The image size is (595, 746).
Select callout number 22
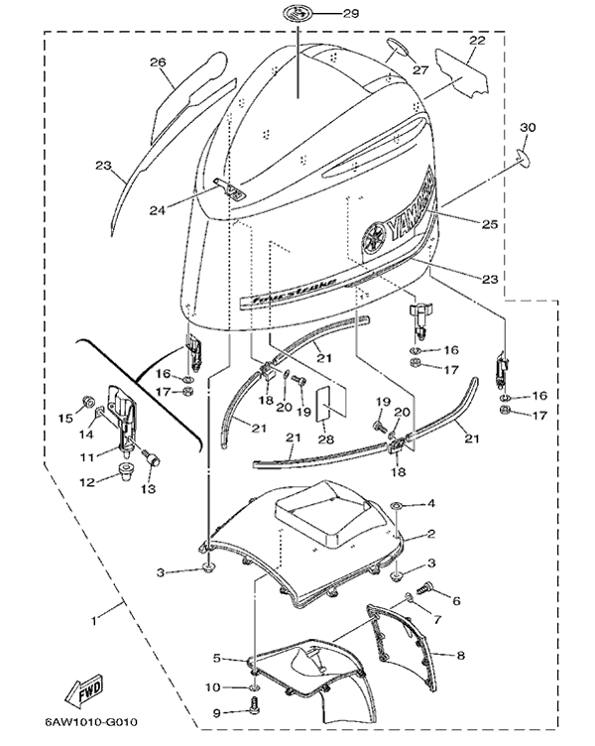point(477,41)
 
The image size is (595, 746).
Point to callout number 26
point(158,62)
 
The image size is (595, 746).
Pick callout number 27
point(420,70)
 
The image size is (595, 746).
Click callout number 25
point(489,226)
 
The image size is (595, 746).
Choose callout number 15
point(67,418)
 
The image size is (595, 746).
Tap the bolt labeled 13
point(150,459)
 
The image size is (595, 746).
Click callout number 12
point(87,482)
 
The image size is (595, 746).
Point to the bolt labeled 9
point(254,708)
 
